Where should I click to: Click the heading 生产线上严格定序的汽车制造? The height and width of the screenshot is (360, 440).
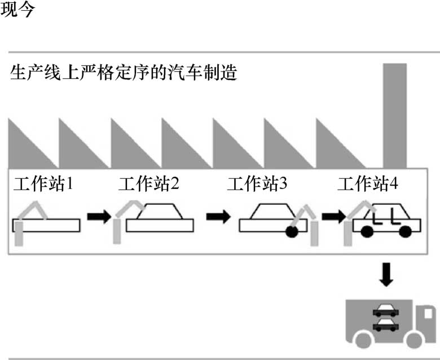122,74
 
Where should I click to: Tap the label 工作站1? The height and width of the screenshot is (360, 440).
44,184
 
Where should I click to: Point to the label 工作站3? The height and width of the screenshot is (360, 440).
257,184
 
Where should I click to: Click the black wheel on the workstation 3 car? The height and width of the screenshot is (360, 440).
293,232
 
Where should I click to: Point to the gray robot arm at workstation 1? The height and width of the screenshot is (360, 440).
28,217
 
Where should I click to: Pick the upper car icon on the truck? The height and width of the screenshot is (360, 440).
385,309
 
